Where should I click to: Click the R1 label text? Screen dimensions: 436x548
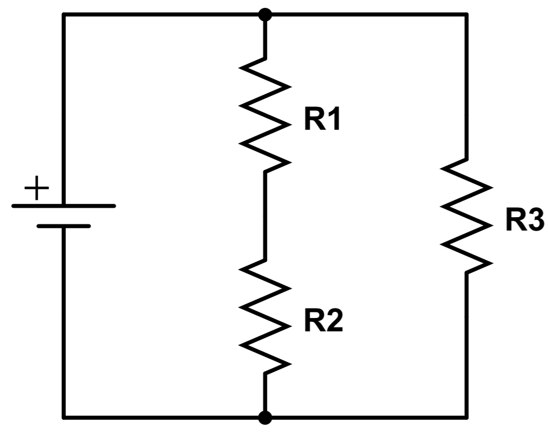(322, 121)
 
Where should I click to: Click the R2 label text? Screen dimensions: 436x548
(323, 322)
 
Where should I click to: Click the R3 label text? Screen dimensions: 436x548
(524, 220)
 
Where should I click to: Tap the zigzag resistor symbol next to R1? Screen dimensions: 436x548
(265, 114)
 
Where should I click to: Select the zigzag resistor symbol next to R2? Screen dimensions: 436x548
(265, 316)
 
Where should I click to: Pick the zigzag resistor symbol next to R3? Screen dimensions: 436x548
(467, 214)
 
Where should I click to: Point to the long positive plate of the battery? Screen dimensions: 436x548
(63, 205)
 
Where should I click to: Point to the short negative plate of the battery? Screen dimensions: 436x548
(63, 226)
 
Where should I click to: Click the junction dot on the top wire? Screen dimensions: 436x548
(265, 14)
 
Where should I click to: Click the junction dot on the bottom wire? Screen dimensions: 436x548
(265, 417)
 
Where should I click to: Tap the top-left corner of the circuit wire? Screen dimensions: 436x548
(63, 14)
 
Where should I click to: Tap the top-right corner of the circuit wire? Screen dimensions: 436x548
(466, 14)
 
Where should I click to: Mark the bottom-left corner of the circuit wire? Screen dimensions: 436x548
(63, 417)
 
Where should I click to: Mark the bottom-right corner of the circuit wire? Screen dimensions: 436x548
(466, 417)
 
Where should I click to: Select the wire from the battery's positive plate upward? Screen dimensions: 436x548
(63, 111)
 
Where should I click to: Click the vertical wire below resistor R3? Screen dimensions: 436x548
(466, 345)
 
